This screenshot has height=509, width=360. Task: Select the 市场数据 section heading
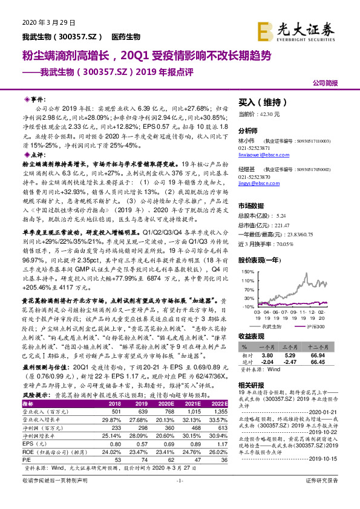(253, 207)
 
